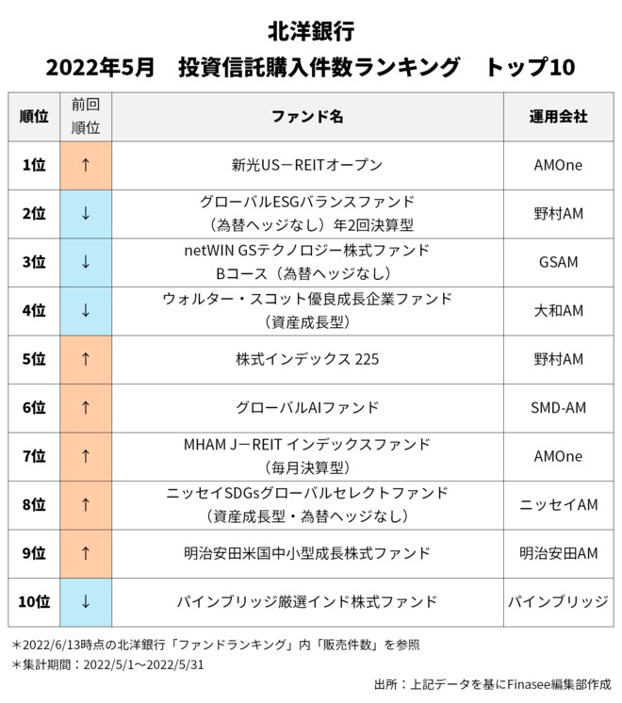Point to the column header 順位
[34, 117]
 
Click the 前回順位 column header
[86, 117]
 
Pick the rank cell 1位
[34, 165]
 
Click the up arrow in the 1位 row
[86, 165]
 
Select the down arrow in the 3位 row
[86, 262]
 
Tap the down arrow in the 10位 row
[86, 601]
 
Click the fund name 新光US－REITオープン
[307, 165]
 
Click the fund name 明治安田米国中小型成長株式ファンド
[307, 553]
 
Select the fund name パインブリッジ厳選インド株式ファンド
[307, 601]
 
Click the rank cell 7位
[34, 456]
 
